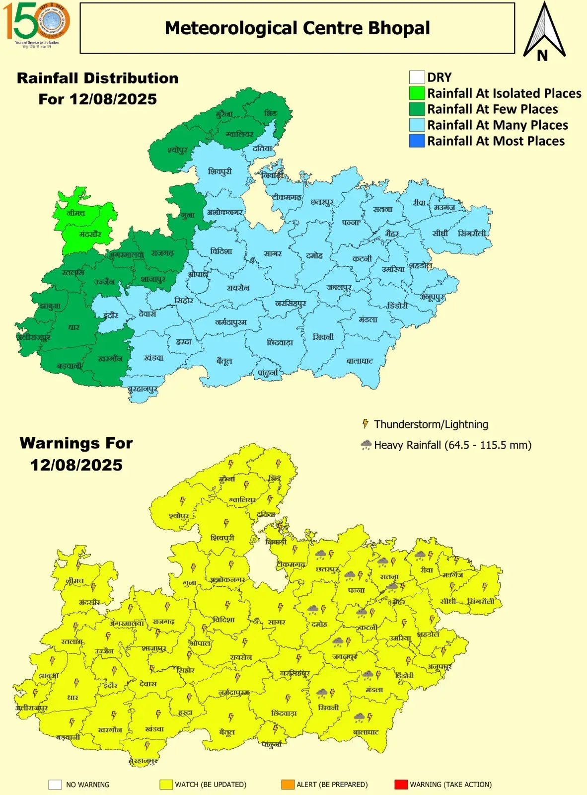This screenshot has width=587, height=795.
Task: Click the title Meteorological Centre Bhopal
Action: [297, 28]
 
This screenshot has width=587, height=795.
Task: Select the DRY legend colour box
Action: [417, 78]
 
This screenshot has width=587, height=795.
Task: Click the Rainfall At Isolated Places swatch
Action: [417, 93]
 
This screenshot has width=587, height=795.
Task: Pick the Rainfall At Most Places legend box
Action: [417, 141]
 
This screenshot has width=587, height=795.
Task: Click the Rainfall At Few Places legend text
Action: [492, 109]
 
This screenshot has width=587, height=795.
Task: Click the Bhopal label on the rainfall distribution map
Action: [198, 274]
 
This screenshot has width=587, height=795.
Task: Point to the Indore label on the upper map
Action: [111, 315]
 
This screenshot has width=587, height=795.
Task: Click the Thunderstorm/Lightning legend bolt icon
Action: [366, 424]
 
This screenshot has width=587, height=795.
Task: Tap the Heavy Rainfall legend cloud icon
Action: [366, 445]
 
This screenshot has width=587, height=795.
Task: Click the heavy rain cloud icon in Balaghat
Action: [359, 717]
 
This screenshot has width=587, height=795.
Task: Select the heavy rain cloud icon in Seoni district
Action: [322, 693]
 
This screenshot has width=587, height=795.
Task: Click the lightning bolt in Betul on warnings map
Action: [231, 717]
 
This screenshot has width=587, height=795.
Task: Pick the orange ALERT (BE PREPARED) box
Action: [288, 785]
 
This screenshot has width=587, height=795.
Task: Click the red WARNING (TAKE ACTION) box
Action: [401, 785]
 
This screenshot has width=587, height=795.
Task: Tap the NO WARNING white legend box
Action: [55, 785]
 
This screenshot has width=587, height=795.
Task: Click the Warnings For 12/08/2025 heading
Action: [76, 454]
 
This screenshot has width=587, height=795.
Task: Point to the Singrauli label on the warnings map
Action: [481, 601]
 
